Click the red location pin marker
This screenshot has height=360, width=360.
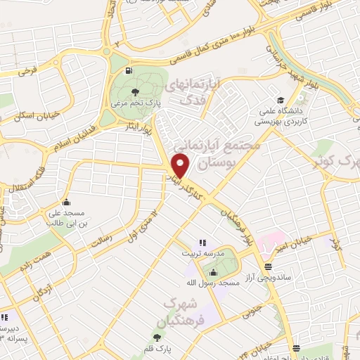click(x=181, y=166)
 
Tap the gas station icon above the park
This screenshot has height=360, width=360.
click(x=127, y=70)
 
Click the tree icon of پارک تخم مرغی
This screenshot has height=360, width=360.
click(x=135, y=91)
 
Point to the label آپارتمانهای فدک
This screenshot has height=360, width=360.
click(x=192, y=91)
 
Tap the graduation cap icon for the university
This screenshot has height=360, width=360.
click(x=281, y=100)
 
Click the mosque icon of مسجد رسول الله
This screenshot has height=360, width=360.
click(x=214, y=271)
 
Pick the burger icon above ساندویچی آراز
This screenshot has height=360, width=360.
click(x=268, y=266)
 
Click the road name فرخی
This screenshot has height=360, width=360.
click(x=27, y=71)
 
